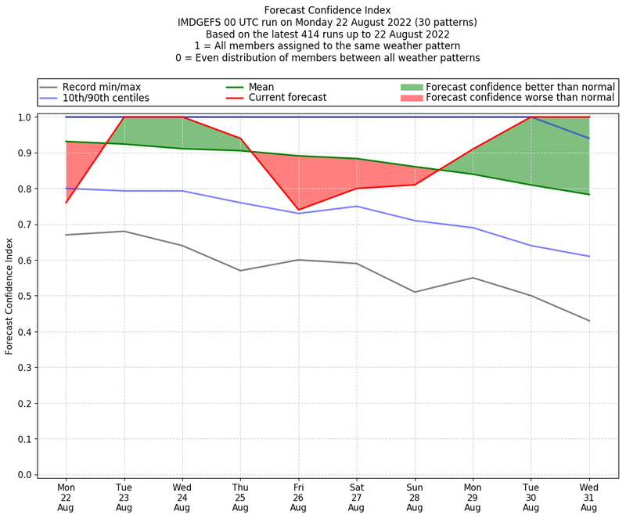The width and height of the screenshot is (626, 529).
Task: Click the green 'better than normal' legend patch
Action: (412, 87)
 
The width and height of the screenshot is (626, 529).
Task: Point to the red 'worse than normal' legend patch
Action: (412, 98)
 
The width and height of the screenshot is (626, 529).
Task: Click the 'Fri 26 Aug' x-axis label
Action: (298, 497)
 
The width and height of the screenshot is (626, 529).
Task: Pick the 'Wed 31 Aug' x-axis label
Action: (589, 497)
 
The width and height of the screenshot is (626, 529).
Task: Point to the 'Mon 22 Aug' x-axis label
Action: (66, 497)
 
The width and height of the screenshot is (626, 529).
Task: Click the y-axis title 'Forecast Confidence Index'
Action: (9, 296)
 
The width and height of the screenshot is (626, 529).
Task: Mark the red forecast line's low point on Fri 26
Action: (298, 210)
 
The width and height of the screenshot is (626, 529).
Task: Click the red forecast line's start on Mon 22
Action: (66, 203)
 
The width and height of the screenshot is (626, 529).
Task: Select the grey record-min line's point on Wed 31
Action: (589, 321)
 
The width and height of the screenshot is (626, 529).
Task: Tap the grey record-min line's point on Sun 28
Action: (415, 292)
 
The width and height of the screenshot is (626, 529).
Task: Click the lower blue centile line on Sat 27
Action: (356, 207)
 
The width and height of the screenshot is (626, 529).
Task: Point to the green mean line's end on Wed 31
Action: (589, 194)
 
